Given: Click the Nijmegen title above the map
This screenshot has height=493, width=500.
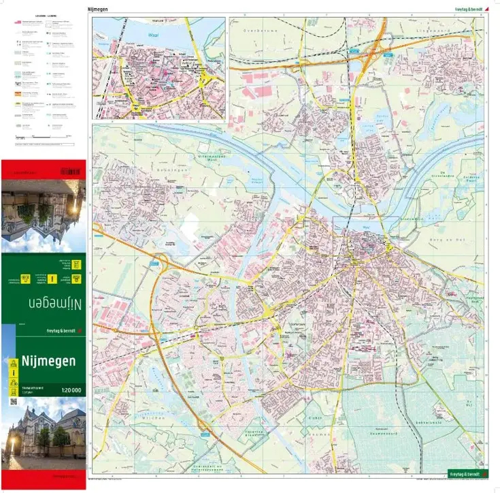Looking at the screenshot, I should click(99, 10).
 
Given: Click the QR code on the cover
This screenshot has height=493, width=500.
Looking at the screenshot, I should click(13, 401).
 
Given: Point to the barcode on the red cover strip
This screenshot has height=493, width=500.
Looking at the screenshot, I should click(69, 170).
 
